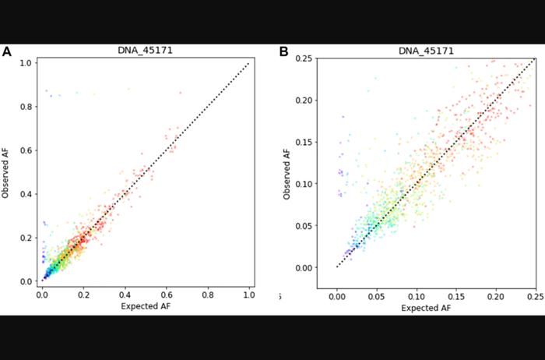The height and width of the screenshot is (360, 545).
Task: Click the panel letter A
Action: point(7,52)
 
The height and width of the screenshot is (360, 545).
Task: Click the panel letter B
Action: point(284,52)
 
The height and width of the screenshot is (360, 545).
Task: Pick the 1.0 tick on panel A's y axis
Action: point(26,63)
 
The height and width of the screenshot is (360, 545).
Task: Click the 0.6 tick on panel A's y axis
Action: point(26,150)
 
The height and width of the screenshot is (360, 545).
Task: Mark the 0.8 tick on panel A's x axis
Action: point(207,296)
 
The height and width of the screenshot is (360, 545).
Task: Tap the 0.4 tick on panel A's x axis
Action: point(125,296)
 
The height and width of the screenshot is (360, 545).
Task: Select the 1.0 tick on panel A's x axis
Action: point(249,296)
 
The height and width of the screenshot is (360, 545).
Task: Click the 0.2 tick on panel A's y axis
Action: point(26,238)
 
